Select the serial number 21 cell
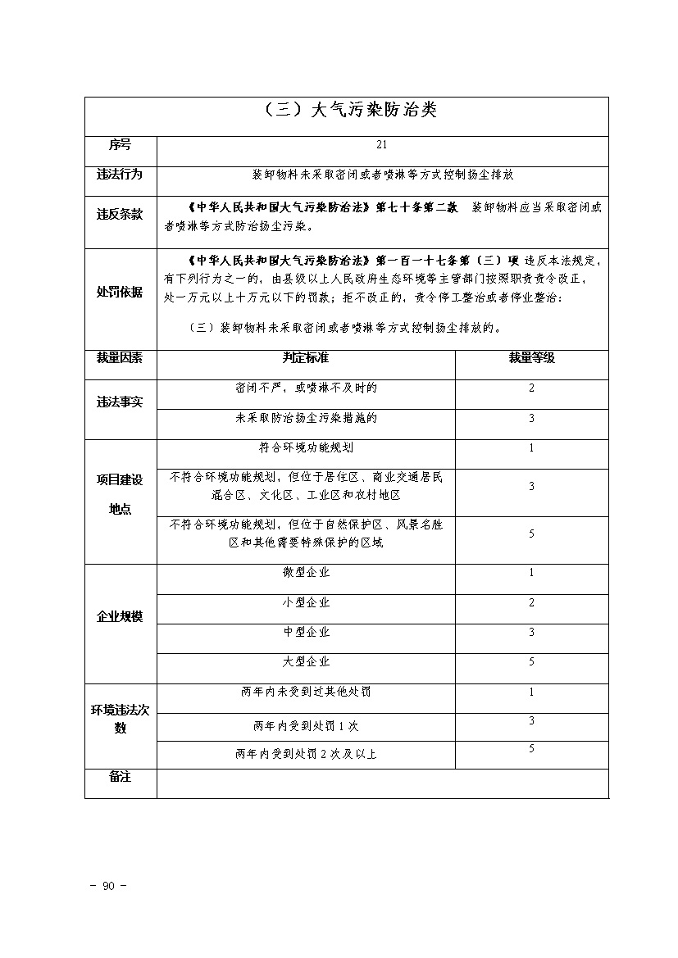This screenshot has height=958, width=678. coord(381,145)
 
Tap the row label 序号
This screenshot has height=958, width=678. coord(120,145)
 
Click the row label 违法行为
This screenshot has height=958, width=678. coord(120,175)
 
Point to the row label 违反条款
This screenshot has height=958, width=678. coord(120,215)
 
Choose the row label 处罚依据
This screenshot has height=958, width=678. coord(120,293)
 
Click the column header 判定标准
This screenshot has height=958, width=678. coord(305,358)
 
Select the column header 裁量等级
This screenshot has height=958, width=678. coord(531,358)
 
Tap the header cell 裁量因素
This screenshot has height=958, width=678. coord(120,358)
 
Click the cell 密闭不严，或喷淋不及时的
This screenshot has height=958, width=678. coord(305,388)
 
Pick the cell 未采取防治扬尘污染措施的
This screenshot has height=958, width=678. coord(305,418)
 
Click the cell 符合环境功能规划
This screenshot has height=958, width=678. coord(305,448)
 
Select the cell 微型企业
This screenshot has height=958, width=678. coord(305,572)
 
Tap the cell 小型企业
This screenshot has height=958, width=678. coord(305,602)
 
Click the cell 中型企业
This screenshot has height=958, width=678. coord(305,632)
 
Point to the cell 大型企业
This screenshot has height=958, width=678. coord(305,661)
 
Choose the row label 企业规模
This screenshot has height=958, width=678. coord(120,617)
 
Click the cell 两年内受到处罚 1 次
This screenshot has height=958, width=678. coord(305,725)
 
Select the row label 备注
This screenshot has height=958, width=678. coord(120,777)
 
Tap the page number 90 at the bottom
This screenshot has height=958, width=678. coord(107,886)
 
